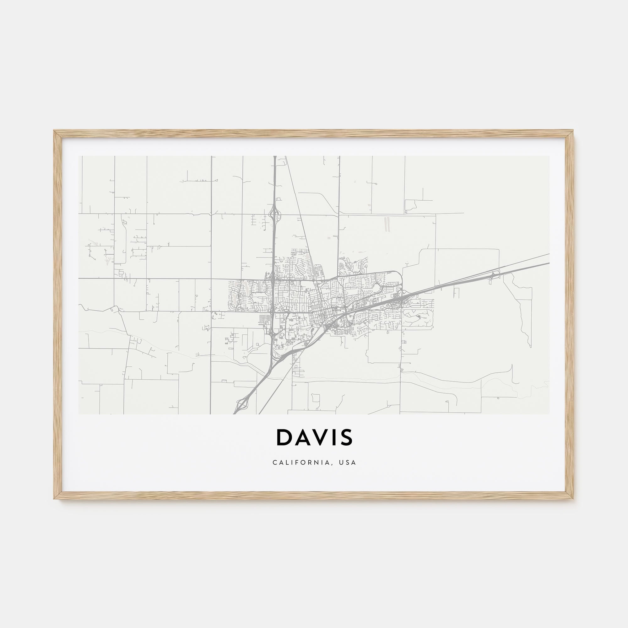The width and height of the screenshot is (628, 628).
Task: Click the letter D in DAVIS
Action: pos(284,437)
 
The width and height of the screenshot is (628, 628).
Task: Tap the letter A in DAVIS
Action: pos(302,437)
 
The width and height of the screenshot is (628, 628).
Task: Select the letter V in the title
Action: pos(321,437)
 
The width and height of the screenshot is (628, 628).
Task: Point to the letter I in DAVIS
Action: pos(334,437)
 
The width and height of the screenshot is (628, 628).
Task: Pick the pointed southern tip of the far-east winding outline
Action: pos(530,347)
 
